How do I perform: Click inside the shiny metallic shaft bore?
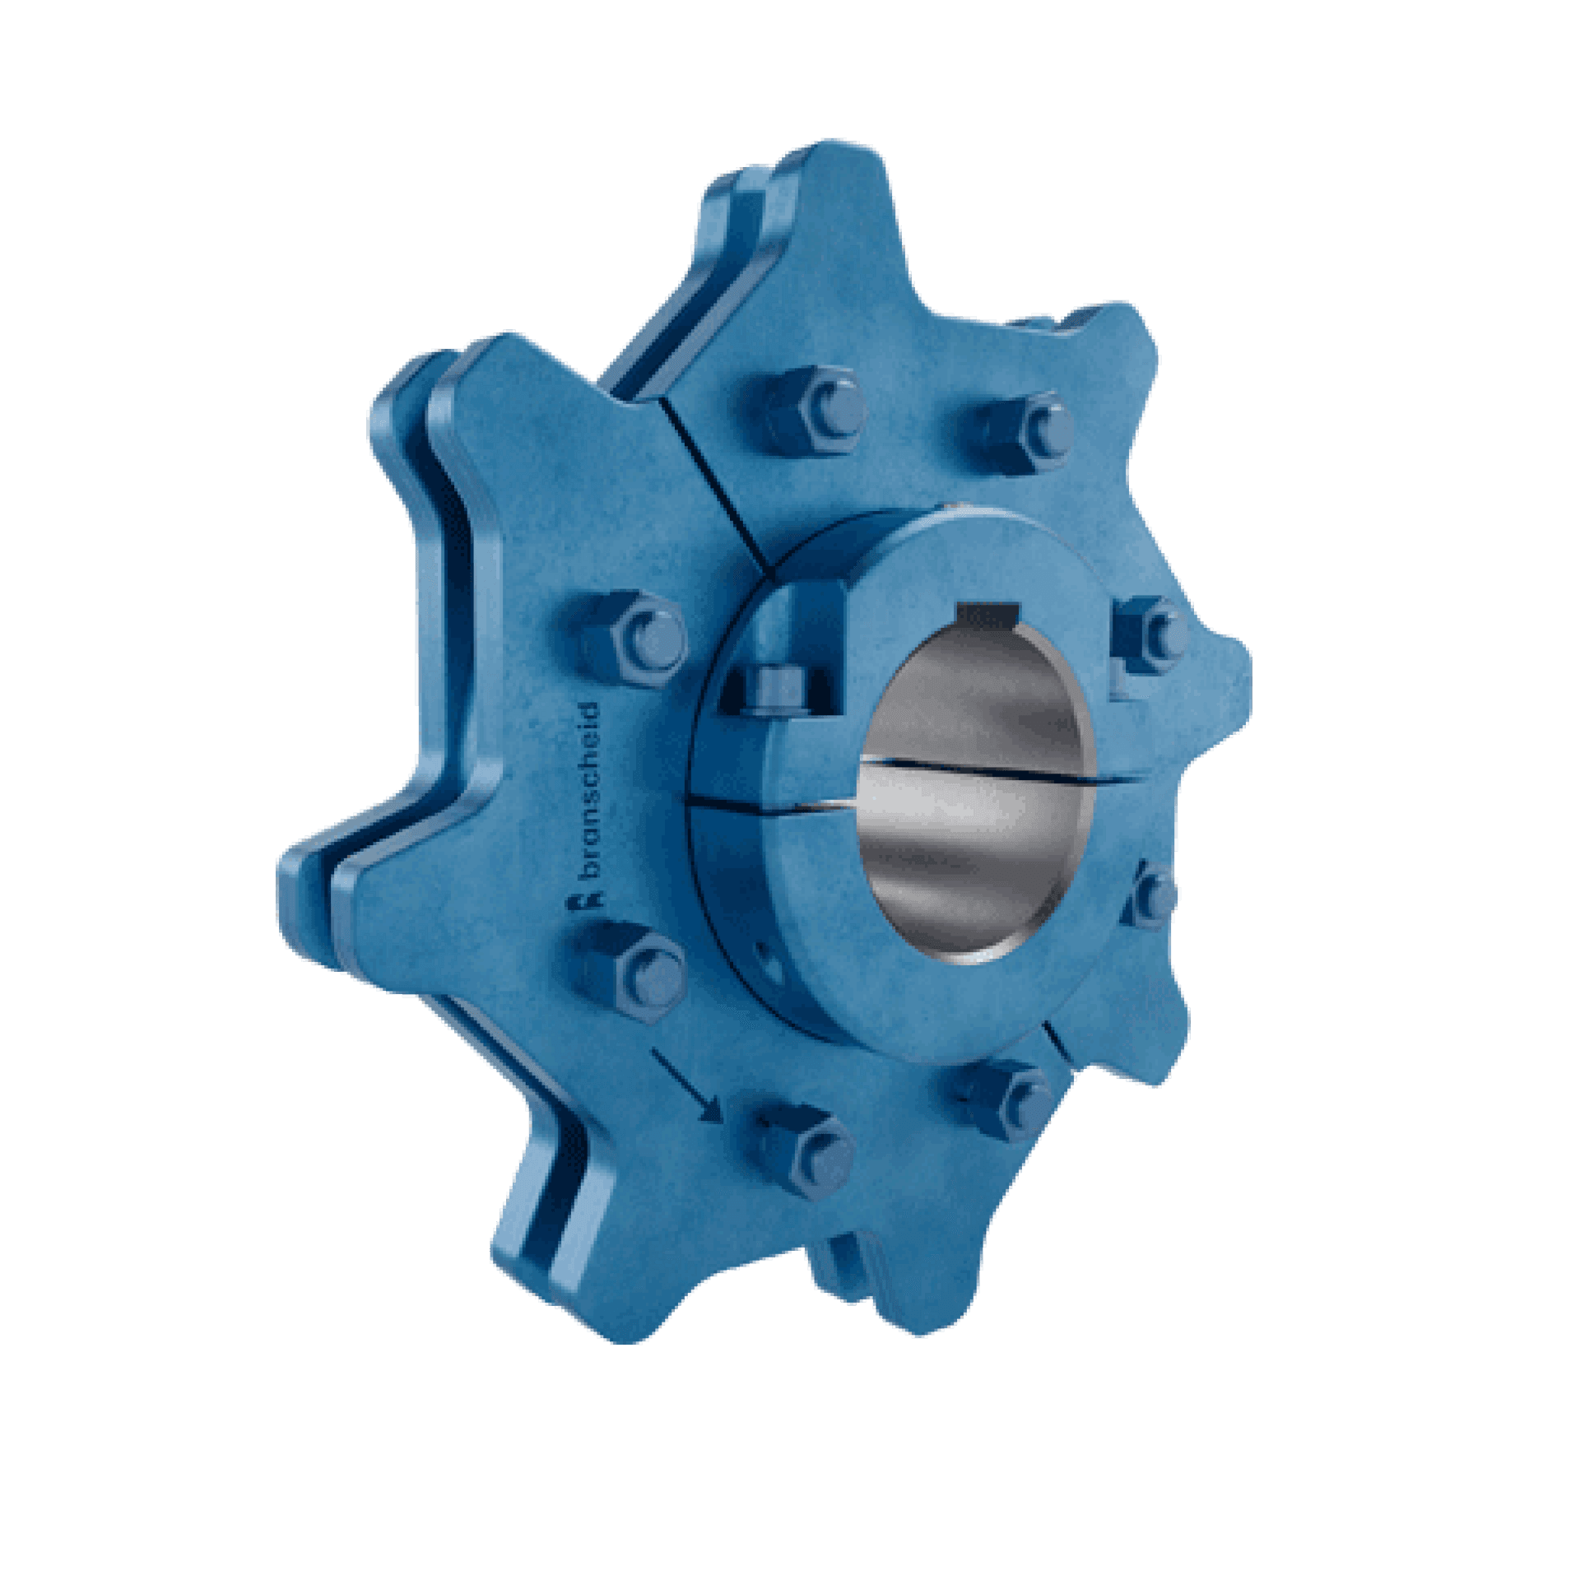[975, 790]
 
